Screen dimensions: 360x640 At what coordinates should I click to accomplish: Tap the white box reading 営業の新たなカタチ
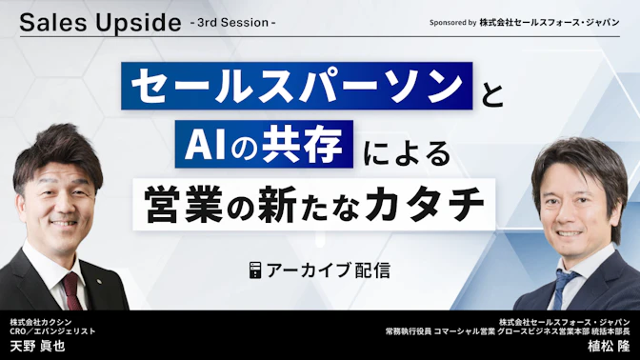[314, 204]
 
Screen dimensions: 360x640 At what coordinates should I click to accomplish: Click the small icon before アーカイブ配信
[255, 270]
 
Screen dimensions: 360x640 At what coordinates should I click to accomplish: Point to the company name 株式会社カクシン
[43, 321]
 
